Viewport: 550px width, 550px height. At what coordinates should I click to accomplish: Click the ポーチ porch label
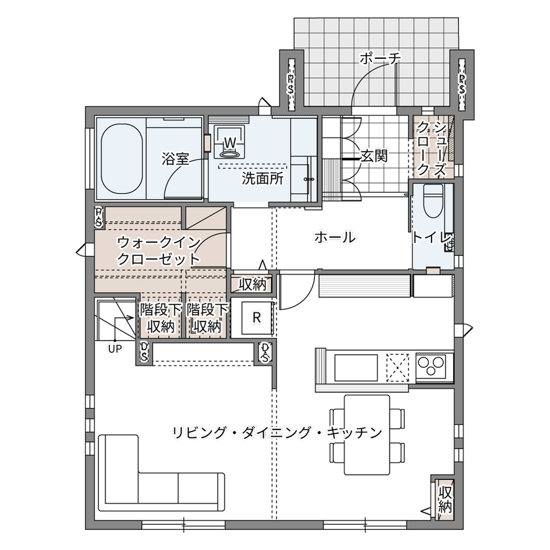coord(380,59)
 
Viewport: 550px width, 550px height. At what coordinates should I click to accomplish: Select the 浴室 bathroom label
coord(175,158)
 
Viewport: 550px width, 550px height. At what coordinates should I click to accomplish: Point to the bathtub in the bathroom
coord(120,158)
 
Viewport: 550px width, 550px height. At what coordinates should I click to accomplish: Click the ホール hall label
coord(335,237)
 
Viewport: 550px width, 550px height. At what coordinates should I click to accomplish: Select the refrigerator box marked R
coord(257,318)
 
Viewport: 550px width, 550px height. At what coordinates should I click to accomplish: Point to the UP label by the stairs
coord(115,348)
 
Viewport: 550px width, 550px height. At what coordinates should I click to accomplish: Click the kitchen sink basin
coord(356,368)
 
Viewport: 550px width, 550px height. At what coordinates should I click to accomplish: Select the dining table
coord(367,434)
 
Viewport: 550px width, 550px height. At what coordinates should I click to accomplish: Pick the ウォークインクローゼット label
coord(158,250)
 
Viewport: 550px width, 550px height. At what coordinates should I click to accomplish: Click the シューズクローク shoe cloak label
coord(432,148)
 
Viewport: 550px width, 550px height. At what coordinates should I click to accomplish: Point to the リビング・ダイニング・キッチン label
coord(276,432)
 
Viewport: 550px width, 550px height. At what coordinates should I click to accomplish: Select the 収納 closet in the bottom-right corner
coord(445,498)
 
